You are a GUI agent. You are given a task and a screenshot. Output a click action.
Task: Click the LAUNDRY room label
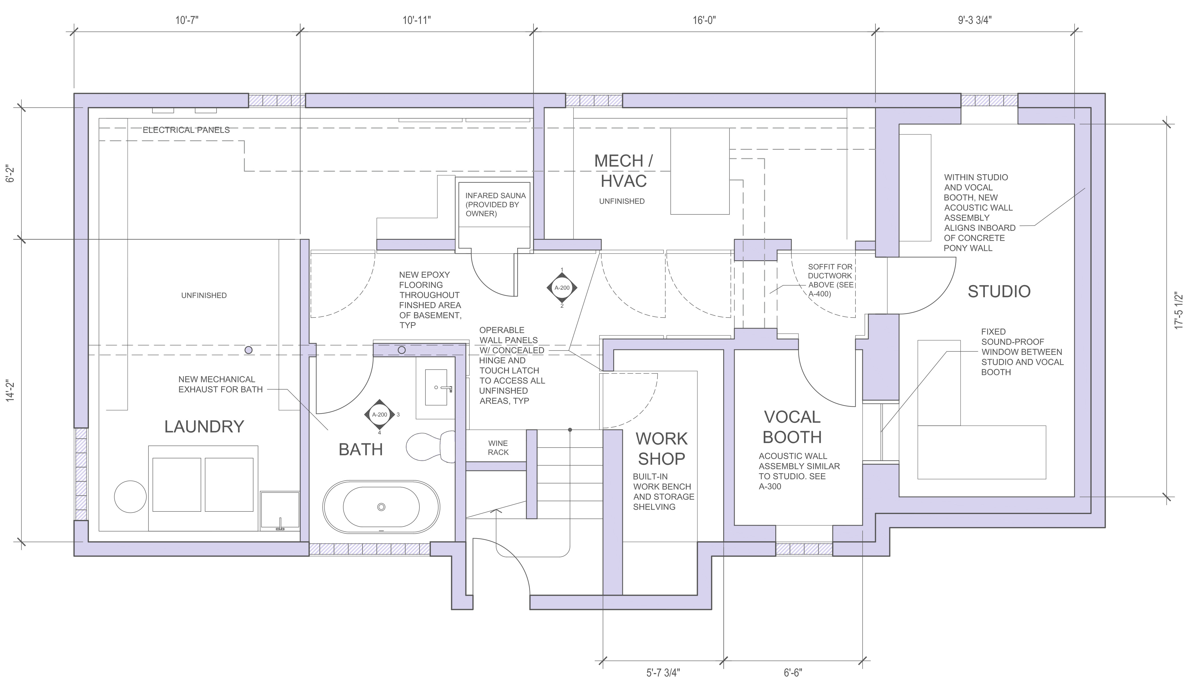tap(204, 426)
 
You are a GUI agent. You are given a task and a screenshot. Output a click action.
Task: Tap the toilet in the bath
tap(430, 446)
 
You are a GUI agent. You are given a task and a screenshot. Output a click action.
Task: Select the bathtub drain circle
tap(381, 507)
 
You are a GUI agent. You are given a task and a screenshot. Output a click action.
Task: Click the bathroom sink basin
tap(436, 387)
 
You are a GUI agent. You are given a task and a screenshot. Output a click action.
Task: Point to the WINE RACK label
tap(498, 447)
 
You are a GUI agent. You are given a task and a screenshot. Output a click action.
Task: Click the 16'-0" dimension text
tap(704, 21)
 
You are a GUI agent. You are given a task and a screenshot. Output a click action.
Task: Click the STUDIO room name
tap(999, 291)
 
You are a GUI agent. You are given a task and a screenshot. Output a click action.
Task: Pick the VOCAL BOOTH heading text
tap(792, 427)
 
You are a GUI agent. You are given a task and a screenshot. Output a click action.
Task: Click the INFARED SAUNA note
tap(495, 204)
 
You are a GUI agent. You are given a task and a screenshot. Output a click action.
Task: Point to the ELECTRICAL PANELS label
tap(186, 130)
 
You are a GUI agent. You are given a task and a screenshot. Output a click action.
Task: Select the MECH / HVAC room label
tap(623, 171)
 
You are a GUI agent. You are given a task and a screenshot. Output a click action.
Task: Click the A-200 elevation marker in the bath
tap(379, 414)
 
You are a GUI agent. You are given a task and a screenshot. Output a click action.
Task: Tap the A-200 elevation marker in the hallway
tap(562, 288)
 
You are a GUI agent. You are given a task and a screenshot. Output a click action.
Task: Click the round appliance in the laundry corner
tap(130, 496)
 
